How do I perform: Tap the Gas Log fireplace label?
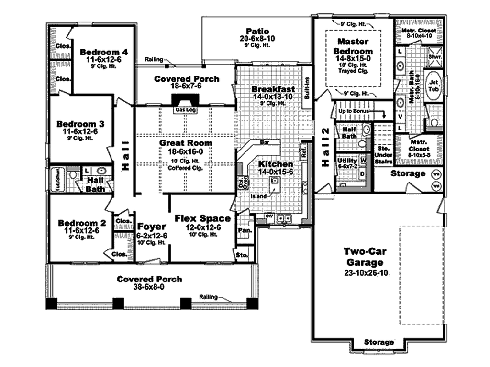click(x=183, y=110)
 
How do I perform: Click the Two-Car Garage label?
click(x=365, y=257)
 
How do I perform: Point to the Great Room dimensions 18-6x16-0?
click(x=186, y=151)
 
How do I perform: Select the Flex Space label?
click(x=202, y=218)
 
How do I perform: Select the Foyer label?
click(x=152, y=226)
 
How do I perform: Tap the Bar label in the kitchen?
click(x=264, y=142)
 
